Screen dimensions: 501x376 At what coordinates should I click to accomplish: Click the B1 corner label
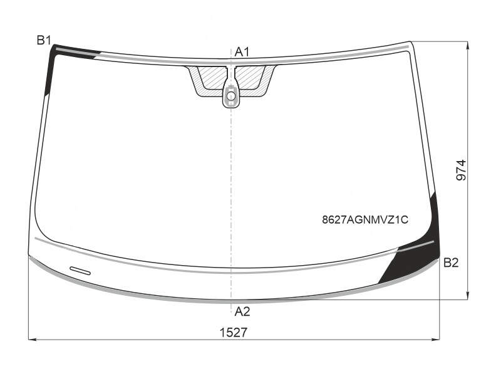click(44, 40)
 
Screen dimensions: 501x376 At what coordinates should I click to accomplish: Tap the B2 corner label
click(451, 263)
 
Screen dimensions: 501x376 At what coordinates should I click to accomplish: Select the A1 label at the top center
click(242, 52)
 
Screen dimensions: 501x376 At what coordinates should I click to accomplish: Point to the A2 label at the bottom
click(242, 311)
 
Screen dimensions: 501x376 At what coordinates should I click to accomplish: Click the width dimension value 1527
click(233, 333)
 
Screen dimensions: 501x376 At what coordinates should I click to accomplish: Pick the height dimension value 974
click(461, 170)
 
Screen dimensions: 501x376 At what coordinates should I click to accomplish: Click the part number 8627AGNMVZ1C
click(365, 220)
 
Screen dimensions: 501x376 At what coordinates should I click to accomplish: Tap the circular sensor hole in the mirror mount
click(230, 96)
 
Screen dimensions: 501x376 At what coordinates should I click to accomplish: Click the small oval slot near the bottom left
click(80, 271)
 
